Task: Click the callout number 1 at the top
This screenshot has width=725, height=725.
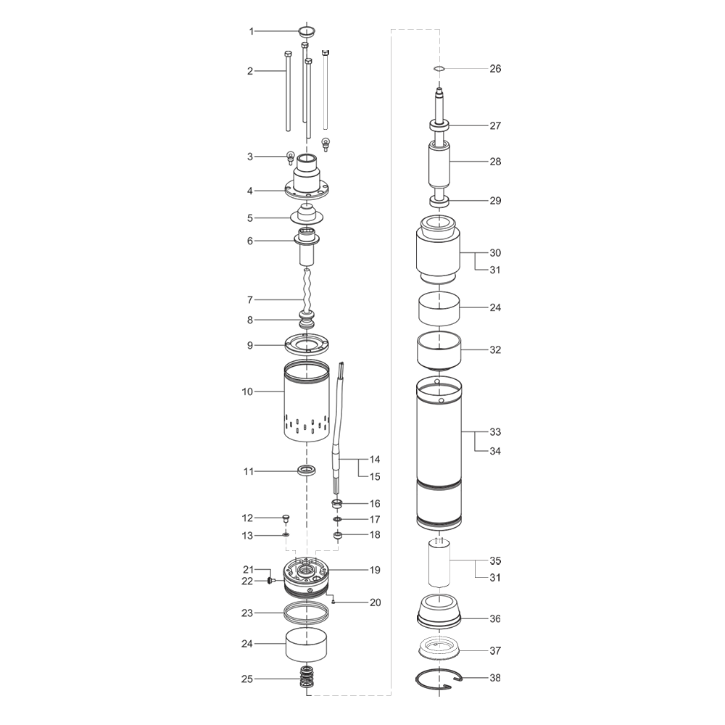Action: (252, 31)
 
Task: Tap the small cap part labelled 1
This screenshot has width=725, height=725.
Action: (307, 31)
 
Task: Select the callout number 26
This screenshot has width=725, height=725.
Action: (495, 69)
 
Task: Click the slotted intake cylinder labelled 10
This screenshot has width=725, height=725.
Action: (306, 400)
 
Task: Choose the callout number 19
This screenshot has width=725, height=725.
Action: (375, 570)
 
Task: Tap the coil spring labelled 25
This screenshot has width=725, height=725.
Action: (306, 679)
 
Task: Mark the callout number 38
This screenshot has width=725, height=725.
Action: (495, 678)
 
